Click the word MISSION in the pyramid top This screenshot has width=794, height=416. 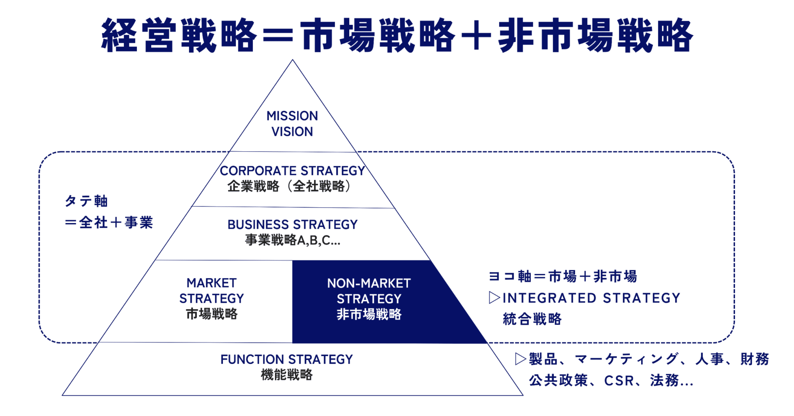point(292,116)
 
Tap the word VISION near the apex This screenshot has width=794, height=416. point(292,132)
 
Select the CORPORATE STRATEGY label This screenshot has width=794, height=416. point(292,171)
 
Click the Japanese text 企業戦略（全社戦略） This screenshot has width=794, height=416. point(289,186)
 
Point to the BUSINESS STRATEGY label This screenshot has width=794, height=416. point(292,225)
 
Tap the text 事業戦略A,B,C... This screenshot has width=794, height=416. point(292,240)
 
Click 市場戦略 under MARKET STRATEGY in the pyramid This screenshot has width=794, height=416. point(212,314)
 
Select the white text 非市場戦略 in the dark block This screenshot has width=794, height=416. point(369,314)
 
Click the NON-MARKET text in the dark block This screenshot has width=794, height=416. point(369,283)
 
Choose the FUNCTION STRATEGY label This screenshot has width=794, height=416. point(286,359)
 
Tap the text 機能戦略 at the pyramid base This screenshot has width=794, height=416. point(286,375)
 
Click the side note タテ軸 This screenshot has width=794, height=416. point(86,201)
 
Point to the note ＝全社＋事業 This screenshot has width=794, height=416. point(109,223)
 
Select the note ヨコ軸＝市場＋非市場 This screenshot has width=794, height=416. point(562,276)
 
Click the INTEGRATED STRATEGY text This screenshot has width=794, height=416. point(591,298)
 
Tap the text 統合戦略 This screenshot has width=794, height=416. point(532,319)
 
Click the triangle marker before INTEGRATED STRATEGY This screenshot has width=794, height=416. point(494,298)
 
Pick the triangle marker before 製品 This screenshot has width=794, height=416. point(520,359)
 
